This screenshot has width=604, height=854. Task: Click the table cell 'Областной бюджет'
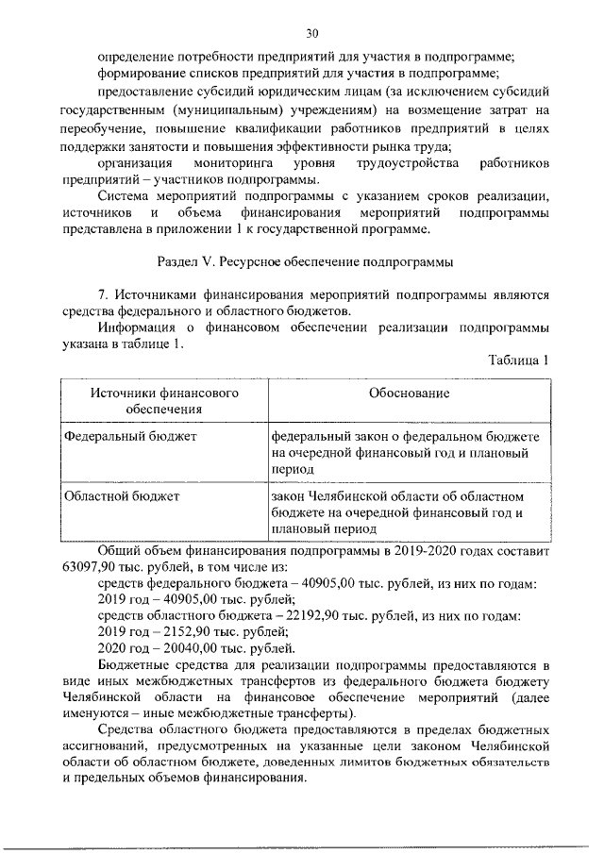click(x=121, y=494)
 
